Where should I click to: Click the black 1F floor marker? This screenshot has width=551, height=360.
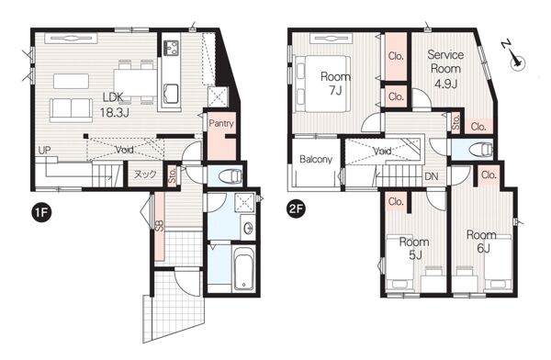coord(42,212)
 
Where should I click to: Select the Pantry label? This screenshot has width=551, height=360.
coord(221,123)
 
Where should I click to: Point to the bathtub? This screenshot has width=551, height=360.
coord(244,268)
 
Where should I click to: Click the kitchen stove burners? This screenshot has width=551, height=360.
coord(171,48)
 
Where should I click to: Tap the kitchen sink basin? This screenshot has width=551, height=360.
coord(171,94)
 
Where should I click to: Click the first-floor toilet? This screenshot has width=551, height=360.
coord(231,175)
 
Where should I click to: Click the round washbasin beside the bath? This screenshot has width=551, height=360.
coord(250,228)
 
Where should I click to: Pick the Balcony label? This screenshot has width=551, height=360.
coord(316,159)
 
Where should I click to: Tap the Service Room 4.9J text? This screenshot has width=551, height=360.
coord(444,69)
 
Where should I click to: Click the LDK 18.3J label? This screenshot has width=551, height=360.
coord(113,105)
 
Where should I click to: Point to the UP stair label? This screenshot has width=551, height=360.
coord(45,151)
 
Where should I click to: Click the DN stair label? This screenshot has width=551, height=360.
coord(432,176)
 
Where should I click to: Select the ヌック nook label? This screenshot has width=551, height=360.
coord(145,174)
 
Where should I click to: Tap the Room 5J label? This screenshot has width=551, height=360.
coord(414,249)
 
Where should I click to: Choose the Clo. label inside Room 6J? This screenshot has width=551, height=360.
coord(489,174)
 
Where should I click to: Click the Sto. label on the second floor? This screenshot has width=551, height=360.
coord(456,123)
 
